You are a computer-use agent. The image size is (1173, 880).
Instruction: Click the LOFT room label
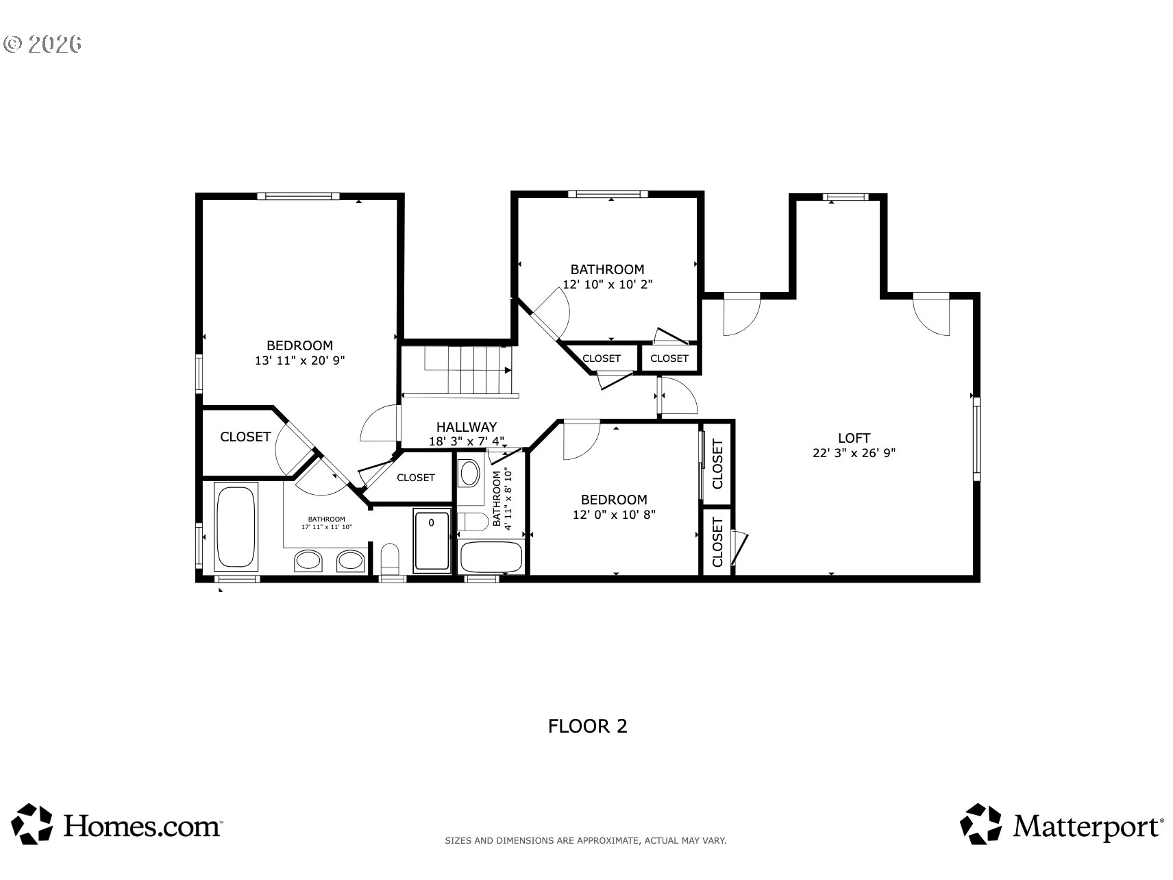click(x=854, y=438)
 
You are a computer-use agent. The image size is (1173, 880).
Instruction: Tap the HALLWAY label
click(x=467, y=427)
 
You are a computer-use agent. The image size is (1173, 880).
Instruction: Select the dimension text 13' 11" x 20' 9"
click(x=299, y=360)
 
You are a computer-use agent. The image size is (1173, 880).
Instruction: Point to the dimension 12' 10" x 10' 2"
click(x=607, y=284)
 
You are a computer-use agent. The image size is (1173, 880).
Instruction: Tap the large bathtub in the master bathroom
click(x=236, y=526)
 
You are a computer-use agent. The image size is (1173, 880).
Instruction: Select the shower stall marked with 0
click(x=432, y=539)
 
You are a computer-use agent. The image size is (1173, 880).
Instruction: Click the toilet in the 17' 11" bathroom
click(x=390, y=559)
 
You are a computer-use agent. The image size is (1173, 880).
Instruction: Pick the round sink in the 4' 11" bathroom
click(x=469, y=473)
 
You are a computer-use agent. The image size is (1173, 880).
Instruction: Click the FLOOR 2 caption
click(x=587, y=726)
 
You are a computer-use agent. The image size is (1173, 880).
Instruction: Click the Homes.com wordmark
click(x=143, y=826)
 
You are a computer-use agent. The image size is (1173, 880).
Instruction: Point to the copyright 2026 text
click(x=42, y=44)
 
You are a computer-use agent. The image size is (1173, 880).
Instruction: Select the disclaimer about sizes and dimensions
click(x=586, y=840)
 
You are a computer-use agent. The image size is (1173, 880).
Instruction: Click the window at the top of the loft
click(x=845, y=197)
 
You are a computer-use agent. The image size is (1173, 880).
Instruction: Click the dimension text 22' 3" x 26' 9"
click(x=854, y=453)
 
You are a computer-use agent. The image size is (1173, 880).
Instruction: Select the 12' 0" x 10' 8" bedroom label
click(x=614, y=507)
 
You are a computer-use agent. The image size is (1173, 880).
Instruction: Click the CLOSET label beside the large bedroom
click(x=245, y=437)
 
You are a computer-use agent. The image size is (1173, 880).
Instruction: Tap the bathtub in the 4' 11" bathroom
click(x=491, y=557)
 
